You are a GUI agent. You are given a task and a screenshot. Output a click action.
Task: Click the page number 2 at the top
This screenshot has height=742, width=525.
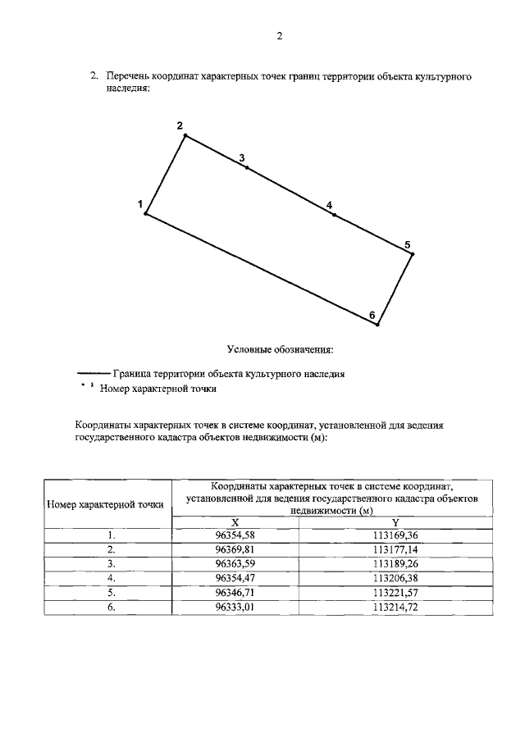279,36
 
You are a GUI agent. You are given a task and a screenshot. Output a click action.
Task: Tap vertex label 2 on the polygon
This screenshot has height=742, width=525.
179,125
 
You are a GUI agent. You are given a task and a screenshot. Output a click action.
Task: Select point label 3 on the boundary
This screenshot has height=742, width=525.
241,157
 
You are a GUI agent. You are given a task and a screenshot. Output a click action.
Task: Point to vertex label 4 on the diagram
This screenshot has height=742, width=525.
329,205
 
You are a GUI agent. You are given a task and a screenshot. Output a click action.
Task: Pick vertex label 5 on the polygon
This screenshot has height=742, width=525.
408,244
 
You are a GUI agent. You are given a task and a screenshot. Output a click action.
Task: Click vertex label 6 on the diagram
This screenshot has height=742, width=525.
372,315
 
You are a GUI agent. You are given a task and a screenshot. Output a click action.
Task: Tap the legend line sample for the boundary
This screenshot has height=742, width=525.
94,373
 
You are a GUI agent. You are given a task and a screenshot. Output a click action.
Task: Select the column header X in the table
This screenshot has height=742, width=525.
235,521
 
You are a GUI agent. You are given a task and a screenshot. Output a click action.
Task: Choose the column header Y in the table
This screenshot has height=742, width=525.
395,521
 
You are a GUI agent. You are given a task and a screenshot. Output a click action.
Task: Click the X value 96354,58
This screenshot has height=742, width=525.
235,535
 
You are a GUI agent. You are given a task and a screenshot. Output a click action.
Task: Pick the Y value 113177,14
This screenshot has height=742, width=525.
395,549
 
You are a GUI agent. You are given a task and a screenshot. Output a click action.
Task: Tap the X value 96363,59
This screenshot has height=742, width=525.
235,564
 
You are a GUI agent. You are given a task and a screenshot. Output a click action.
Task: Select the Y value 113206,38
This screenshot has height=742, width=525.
395,578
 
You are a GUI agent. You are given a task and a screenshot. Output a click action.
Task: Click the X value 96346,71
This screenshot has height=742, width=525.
235,593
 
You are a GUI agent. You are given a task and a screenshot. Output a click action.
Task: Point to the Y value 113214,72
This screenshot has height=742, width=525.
395,607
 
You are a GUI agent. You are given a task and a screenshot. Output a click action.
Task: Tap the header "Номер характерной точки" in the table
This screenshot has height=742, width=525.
105,504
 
